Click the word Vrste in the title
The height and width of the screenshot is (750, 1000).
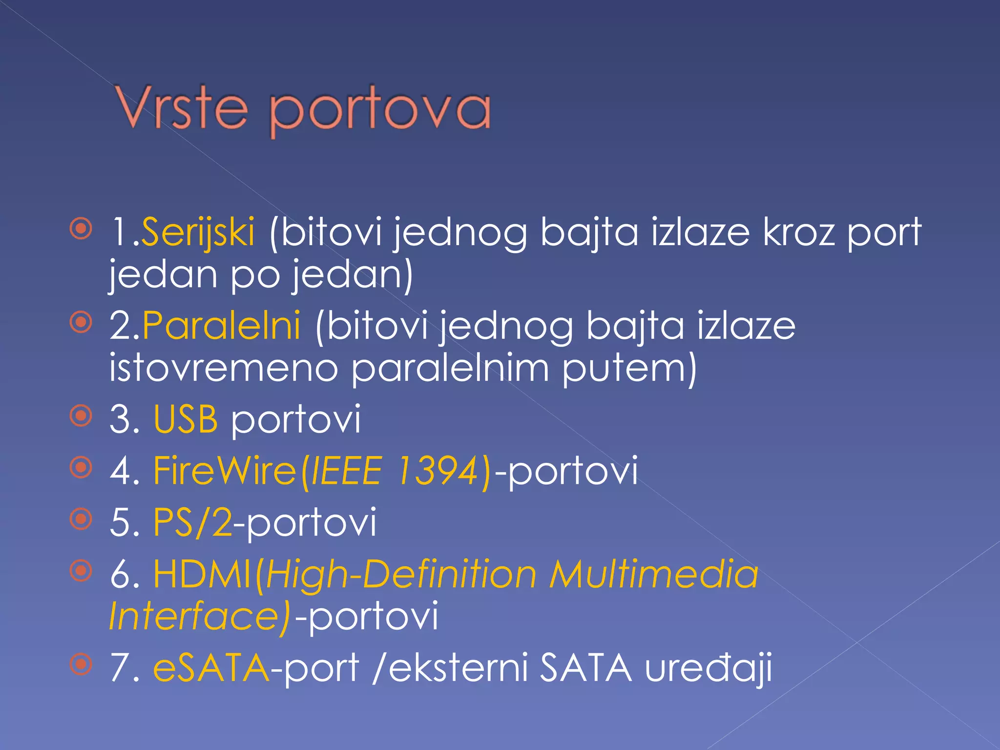pos(181,108)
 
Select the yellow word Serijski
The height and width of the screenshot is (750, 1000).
pos(197,231)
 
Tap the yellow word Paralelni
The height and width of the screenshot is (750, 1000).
pos(221,326)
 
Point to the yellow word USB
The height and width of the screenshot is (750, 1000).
pos(186,419)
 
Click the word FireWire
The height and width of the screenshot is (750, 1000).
pos(225,471)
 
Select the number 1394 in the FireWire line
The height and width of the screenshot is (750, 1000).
pos(437,471)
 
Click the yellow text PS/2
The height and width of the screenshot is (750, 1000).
pos(192,522)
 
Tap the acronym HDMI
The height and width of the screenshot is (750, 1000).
pos(202,574)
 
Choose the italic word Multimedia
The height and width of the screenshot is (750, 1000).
pos(654,574)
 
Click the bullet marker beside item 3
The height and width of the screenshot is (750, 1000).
pos(81,416)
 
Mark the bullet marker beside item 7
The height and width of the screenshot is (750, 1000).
pos(81,664)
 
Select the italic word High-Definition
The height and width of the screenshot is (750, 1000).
pos(400,574)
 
